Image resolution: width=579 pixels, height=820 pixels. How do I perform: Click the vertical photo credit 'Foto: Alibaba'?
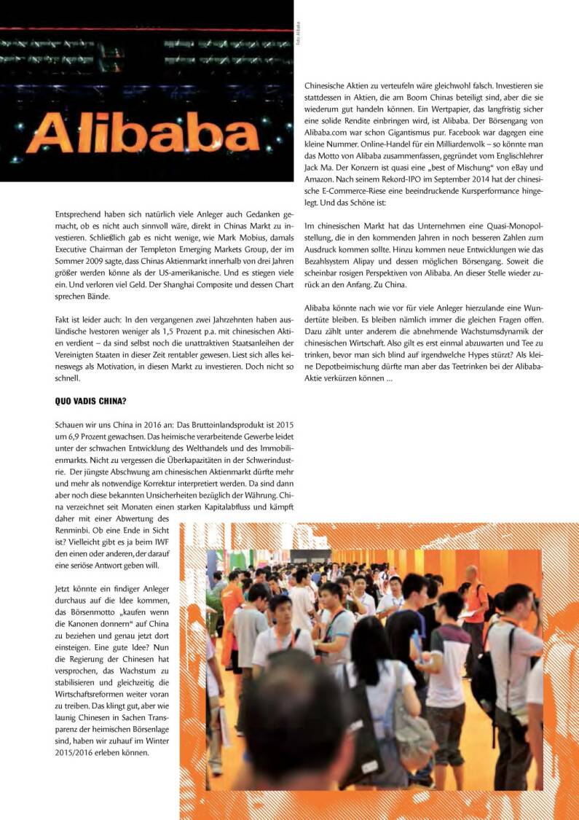click(x=298, y=35)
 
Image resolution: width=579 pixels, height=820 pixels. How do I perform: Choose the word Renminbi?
click(x=71, y=530)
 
